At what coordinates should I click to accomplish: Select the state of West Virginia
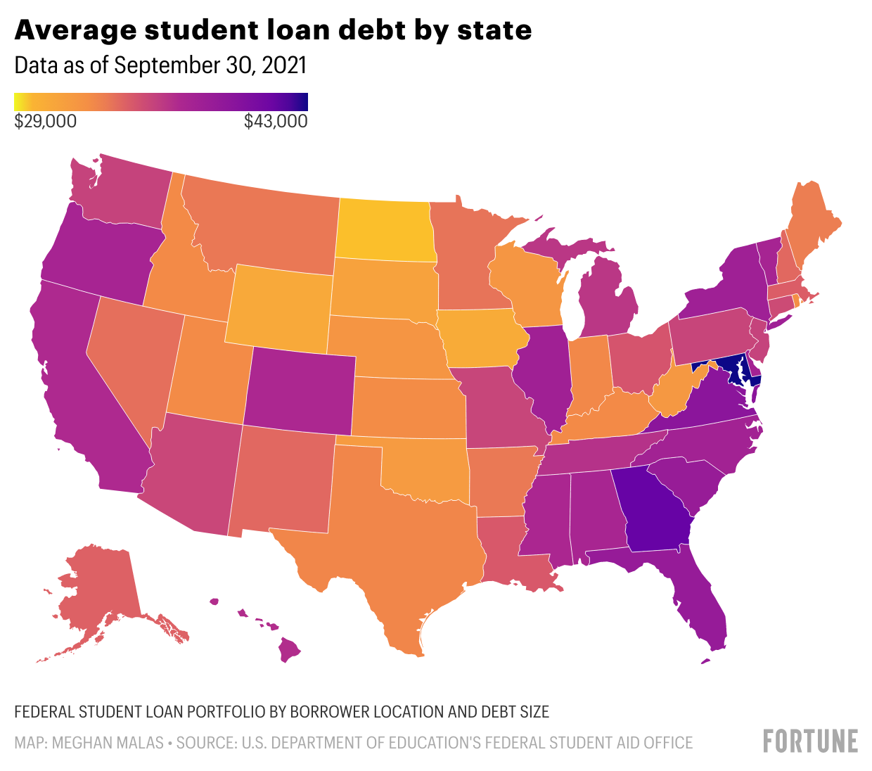point(675,394)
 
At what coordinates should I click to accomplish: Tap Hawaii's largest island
point(289,649)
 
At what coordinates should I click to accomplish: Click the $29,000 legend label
point(46,122)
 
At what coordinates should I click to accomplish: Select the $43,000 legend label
point(276,122)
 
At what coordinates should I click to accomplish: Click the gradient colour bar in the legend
point(161,102)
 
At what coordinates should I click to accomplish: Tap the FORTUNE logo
point(810,741)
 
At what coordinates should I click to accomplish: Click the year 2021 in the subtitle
point(284,65)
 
